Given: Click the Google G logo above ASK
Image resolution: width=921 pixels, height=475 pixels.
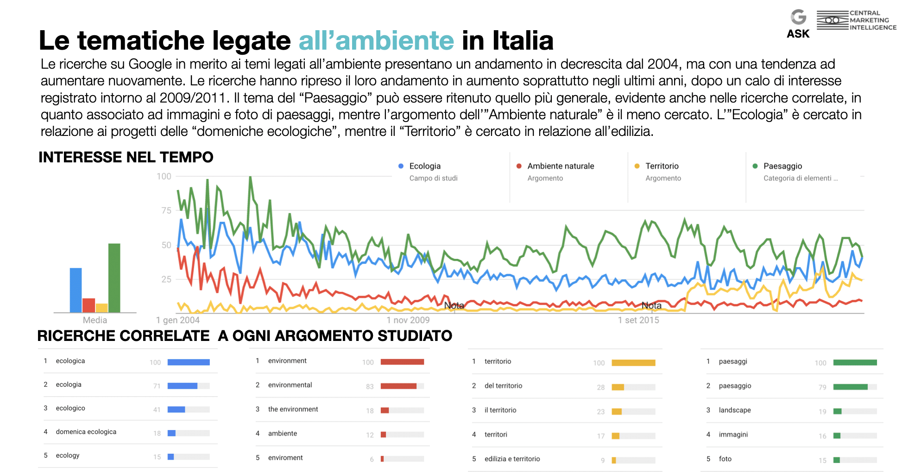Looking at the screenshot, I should (x=798, y=17).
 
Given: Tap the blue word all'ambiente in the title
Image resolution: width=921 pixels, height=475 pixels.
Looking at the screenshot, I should (x=376, y=41).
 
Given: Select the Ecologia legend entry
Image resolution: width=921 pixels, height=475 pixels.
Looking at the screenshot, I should (x=424, y=166).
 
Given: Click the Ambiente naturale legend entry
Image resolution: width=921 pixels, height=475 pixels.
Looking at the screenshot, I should (x=560, y=166).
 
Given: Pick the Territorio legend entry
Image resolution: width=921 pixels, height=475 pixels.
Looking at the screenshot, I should (x=662, y=166).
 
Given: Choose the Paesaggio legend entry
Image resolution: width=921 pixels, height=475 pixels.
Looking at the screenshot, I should (x=782, y=166).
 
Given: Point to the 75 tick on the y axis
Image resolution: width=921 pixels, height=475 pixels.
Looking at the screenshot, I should (x=166, y=211).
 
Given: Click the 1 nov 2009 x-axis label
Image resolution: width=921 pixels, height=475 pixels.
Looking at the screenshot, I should (x=408, y=320).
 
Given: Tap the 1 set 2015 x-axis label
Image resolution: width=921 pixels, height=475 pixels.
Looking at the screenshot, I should (x=638, y=320).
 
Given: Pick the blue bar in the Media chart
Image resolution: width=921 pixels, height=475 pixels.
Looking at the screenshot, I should (x=76, y=290).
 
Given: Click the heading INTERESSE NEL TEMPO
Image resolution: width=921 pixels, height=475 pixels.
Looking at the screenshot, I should (x=126, y=157).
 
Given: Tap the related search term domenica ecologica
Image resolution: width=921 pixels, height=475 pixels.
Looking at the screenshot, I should (x=86, y=432).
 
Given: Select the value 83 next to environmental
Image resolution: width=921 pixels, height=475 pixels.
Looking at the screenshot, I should (x=370, y=386).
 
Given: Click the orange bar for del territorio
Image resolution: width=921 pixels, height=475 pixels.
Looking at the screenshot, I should (x=618, y=387).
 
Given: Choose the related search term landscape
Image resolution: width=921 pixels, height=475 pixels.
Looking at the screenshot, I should (x=735, y=410).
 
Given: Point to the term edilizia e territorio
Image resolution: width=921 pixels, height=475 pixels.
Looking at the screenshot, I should (x=512, y=459).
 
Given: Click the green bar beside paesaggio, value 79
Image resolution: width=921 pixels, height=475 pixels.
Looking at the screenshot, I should (x=850, y=387).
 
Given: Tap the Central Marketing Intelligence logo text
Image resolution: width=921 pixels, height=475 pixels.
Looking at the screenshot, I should (x=873, y=20).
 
